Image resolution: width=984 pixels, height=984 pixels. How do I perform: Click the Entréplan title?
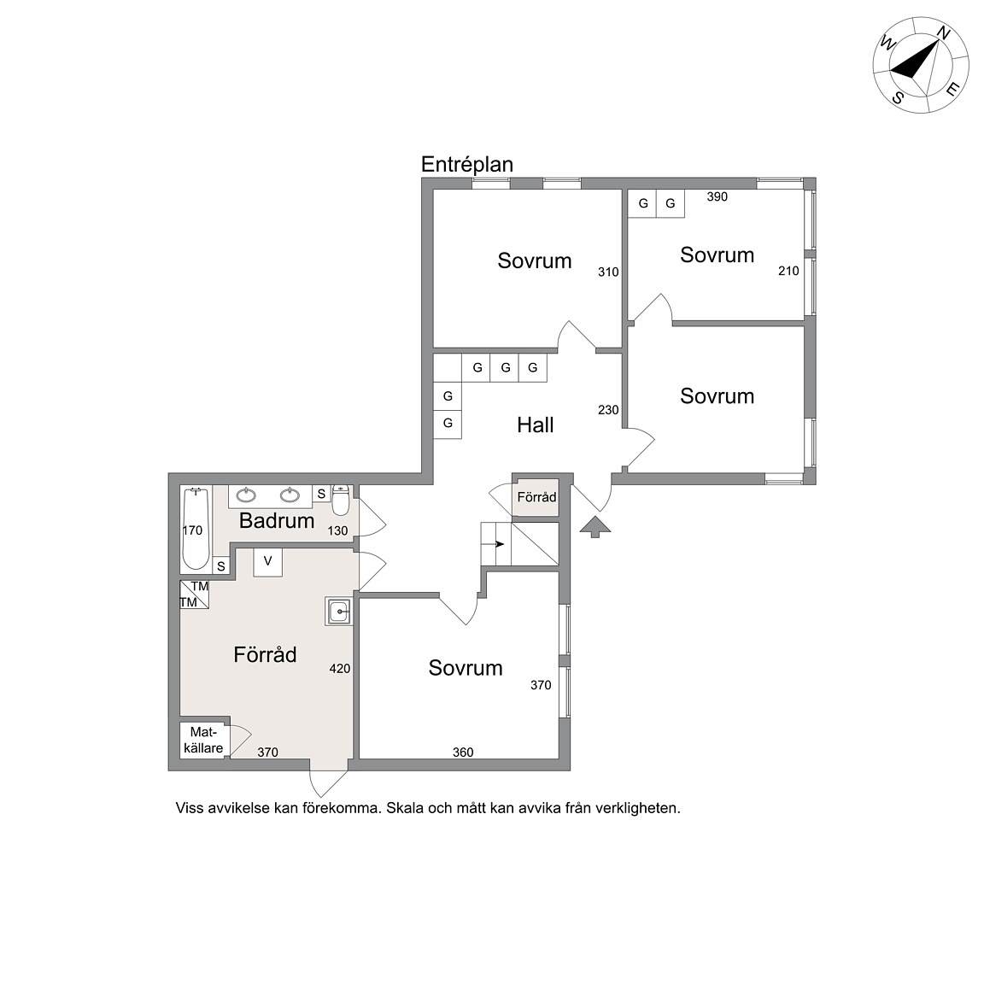(467, 164)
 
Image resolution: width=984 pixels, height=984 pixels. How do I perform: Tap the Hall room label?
(536, 425)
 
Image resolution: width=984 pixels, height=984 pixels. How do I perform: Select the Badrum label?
(277, 520)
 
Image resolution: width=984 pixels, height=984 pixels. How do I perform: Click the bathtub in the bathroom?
(196, 529)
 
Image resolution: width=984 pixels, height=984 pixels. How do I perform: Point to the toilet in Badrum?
(340, 501)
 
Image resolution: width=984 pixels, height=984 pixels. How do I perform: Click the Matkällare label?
(203, 740)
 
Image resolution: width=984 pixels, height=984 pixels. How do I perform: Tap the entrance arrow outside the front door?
(594, 527)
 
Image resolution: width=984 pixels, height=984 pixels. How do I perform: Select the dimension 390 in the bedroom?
(717, 197)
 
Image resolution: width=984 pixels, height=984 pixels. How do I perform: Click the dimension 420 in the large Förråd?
(339, 669)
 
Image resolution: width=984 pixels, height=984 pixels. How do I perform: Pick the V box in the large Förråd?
(268, 562)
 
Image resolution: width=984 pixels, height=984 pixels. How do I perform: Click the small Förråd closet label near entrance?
(536, 497)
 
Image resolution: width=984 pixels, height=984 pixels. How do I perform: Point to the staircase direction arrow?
(500, 543)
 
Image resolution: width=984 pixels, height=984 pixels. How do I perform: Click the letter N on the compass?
(943, 33)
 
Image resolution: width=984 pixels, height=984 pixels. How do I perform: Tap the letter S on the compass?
(898, 98)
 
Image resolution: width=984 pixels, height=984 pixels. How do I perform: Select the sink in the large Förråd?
(339, 611)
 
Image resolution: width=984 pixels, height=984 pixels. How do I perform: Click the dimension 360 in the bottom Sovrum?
(463, 753)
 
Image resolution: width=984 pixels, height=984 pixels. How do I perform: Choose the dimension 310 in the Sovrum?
(608, 272)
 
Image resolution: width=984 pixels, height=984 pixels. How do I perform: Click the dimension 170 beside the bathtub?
(192, 531)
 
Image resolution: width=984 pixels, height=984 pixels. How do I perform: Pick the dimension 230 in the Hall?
(608, 410)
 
